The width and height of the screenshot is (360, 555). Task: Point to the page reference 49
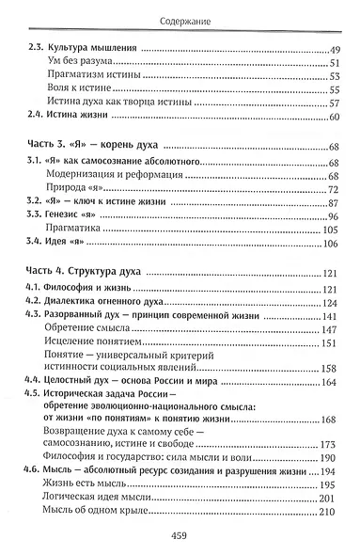[x=336, y=47]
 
